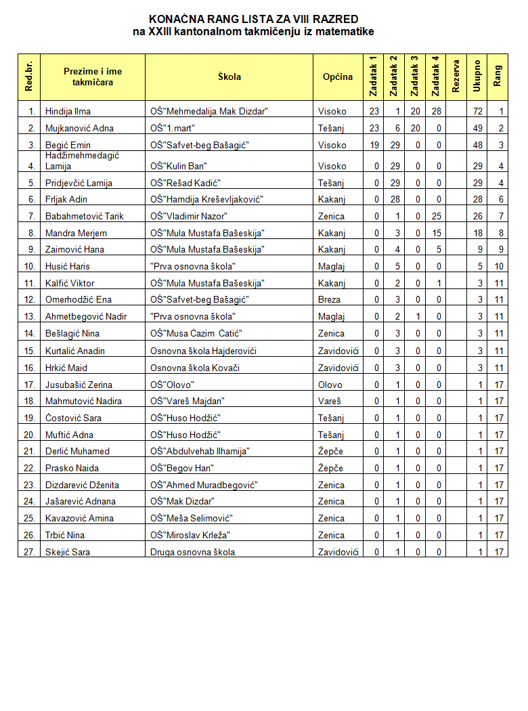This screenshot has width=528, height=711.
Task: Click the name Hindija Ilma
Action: pos(68,111)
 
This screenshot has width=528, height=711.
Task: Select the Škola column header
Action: pos(229,77)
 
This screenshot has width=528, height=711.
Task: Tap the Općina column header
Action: pos(338,77)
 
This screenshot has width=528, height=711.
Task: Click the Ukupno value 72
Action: pos(477,111)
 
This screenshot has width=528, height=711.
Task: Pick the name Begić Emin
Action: pos(68,145)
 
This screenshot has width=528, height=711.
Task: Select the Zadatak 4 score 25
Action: pos(436,216)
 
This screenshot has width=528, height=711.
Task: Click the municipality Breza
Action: pos(330,299)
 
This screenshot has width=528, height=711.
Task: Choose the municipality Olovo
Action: pos(330,384)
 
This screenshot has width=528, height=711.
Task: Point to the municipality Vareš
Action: pos(330,401)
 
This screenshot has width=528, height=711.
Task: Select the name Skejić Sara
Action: pos(67,552)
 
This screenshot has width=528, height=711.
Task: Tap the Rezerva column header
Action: pos(456,77)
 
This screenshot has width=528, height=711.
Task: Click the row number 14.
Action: pos(29,333)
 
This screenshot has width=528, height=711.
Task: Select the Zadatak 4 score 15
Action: pos(436,233)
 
